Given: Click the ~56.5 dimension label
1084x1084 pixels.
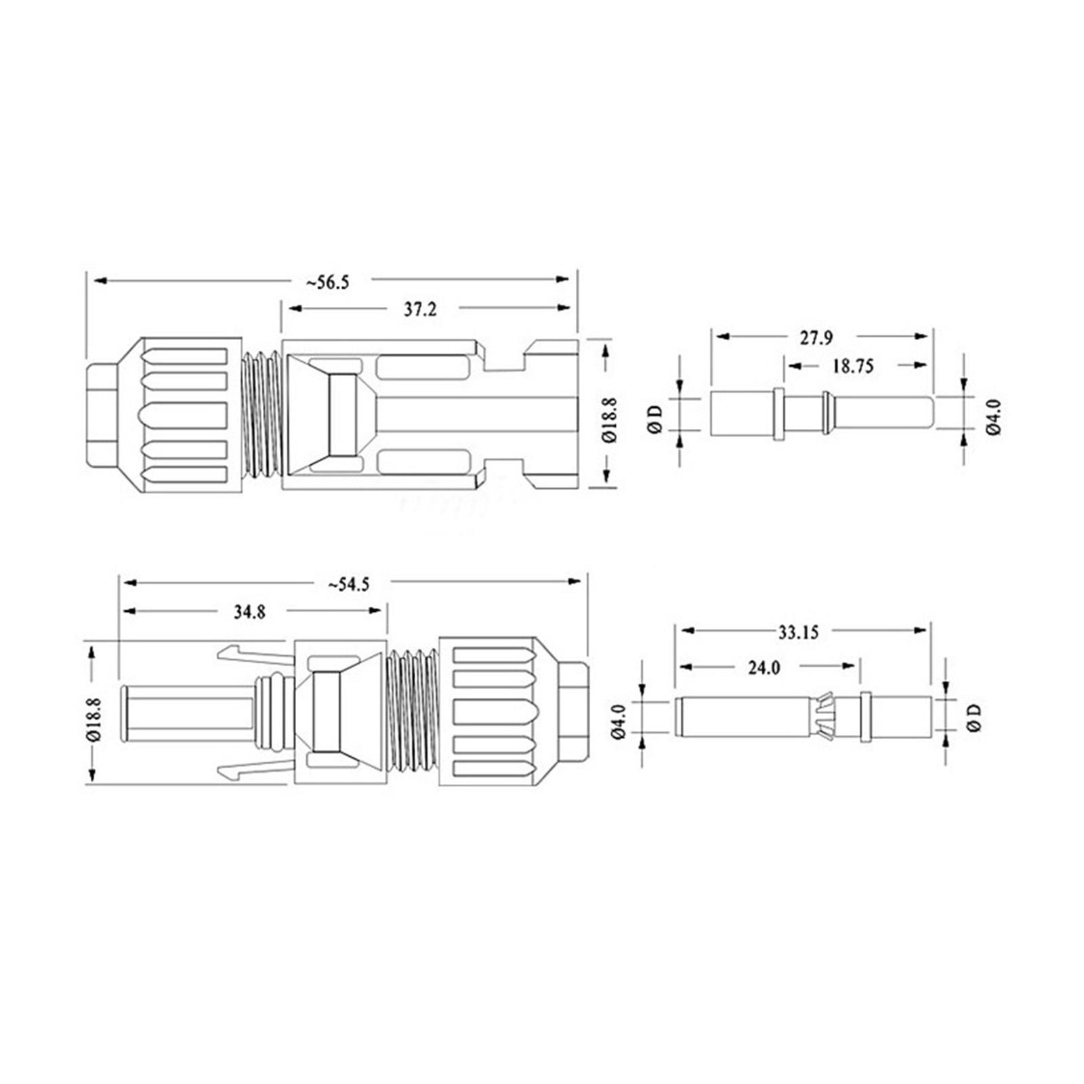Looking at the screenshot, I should pos(327,282).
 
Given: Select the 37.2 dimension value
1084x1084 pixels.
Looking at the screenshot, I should pos(420,310).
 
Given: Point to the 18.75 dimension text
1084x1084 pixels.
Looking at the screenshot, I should pos(853,367).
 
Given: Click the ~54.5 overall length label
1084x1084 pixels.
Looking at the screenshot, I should pos(348,583).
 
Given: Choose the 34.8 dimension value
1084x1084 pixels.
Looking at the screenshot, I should pos(249,612).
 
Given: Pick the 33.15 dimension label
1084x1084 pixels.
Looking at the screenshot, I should pos(798,632).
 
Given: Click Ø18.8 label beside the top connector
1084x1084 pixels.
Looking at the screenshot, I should pos(609,419).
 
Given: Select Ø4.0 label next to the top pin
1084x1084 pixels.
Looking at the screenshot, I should pos(993,416).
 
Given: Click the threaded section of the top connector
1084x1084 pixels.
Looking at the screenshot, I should pos(261,414).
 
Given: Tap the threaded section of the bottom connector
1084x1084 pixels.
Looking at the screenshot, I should pos(413,711).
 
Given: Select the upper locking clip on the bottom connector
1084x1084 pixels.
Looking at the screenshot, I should pos(254,654).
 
